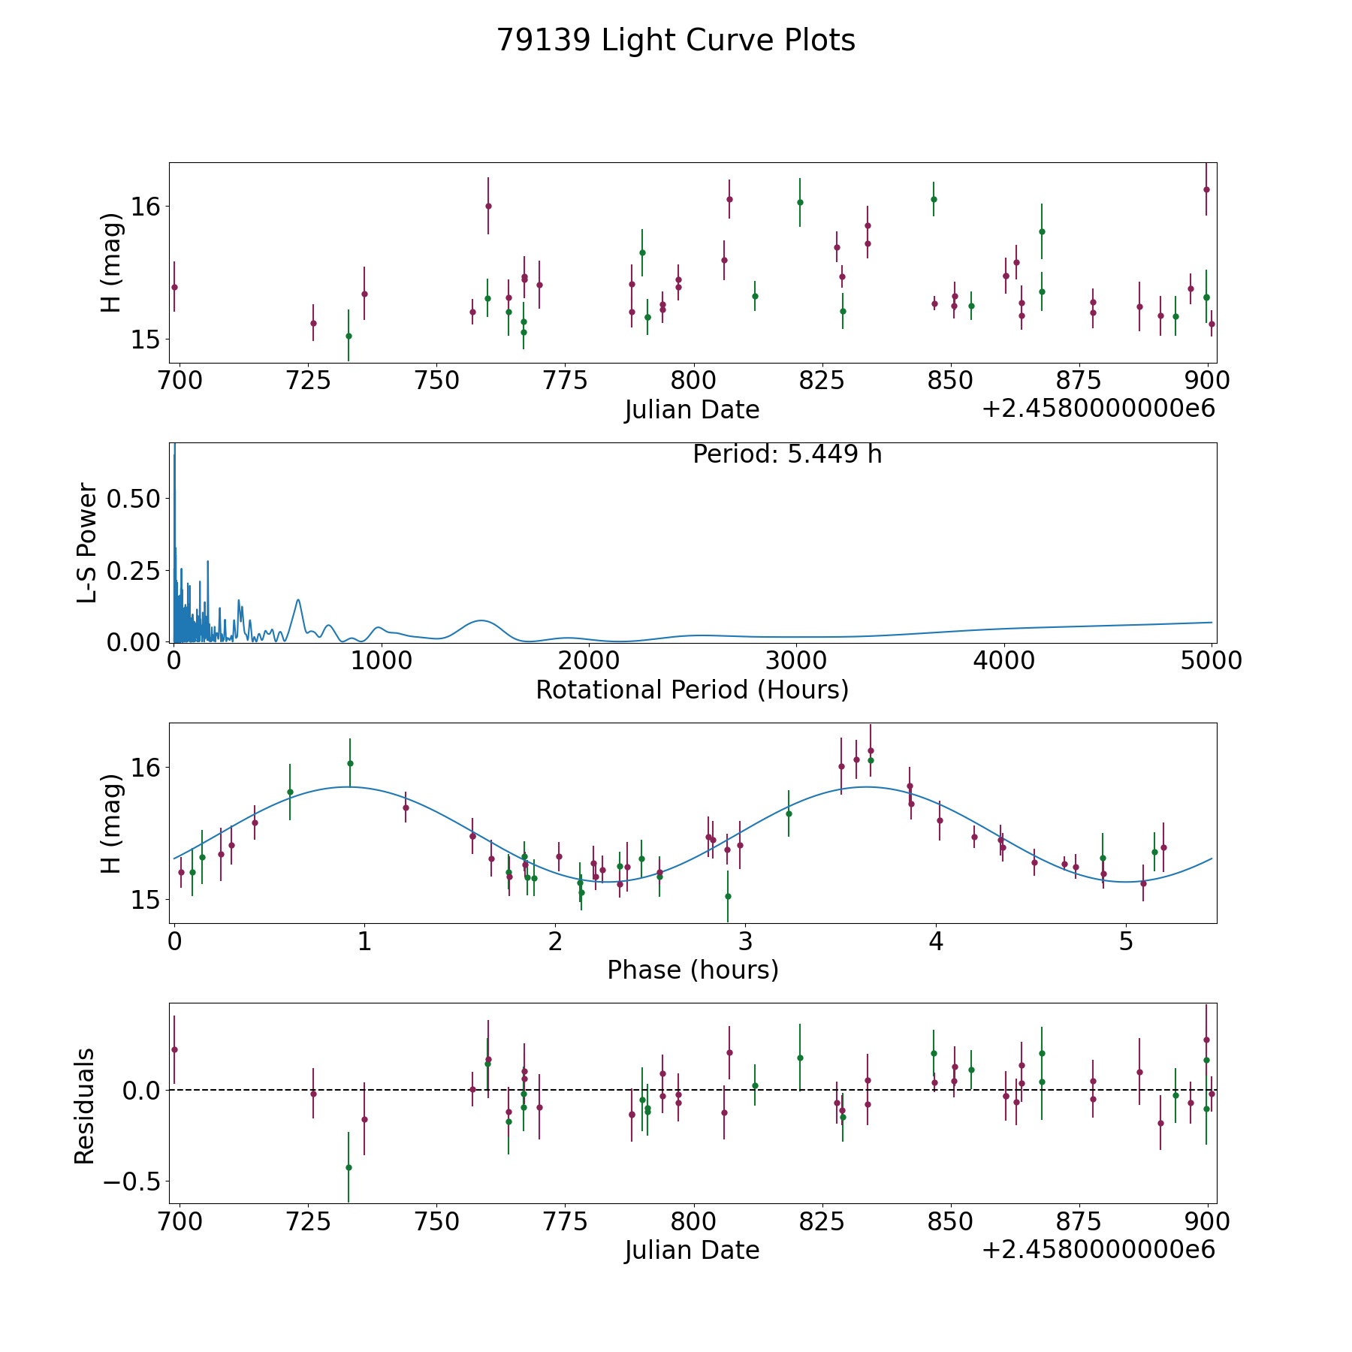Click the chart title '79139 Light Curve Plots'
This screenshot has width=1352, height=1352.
tap(675, 41)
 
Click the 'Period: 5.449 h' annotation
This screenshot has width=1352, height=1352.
tap(786, 454)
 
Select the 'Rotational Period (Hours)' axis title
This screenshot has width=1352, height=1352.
tap(692, 690)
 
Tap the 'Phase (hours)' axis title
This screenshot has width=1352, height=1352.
tap(692, 970)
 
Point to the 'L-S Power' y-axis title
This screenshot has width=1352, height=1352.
tap(87, 542)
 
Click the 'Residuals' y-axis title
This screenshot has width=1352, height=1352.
tap(84, 1106)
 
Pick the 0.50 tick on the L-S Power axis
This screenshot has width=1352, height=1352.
tap(133, 499)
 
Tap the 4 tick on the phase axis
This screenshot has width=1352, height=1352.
tap(935, 942)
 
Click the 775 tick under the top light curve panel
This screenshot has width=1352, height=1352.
tap(565, 381)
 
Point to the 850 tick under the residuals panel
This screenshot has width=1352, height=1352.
tap(950, 1222)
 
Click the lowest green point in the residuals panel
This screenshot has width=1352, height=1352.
tap(349, 1167)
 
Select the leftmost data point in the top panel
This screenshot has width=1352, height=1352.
tap(174, 287)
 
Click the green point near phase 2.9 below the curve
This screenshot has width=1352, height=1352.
tap(728, 896)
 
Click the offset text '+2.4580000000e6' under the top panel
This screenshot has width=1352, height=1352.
tap(1098, 409)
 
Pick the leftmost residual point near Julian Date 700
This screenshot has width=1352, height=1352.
tap(174, 1049)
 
